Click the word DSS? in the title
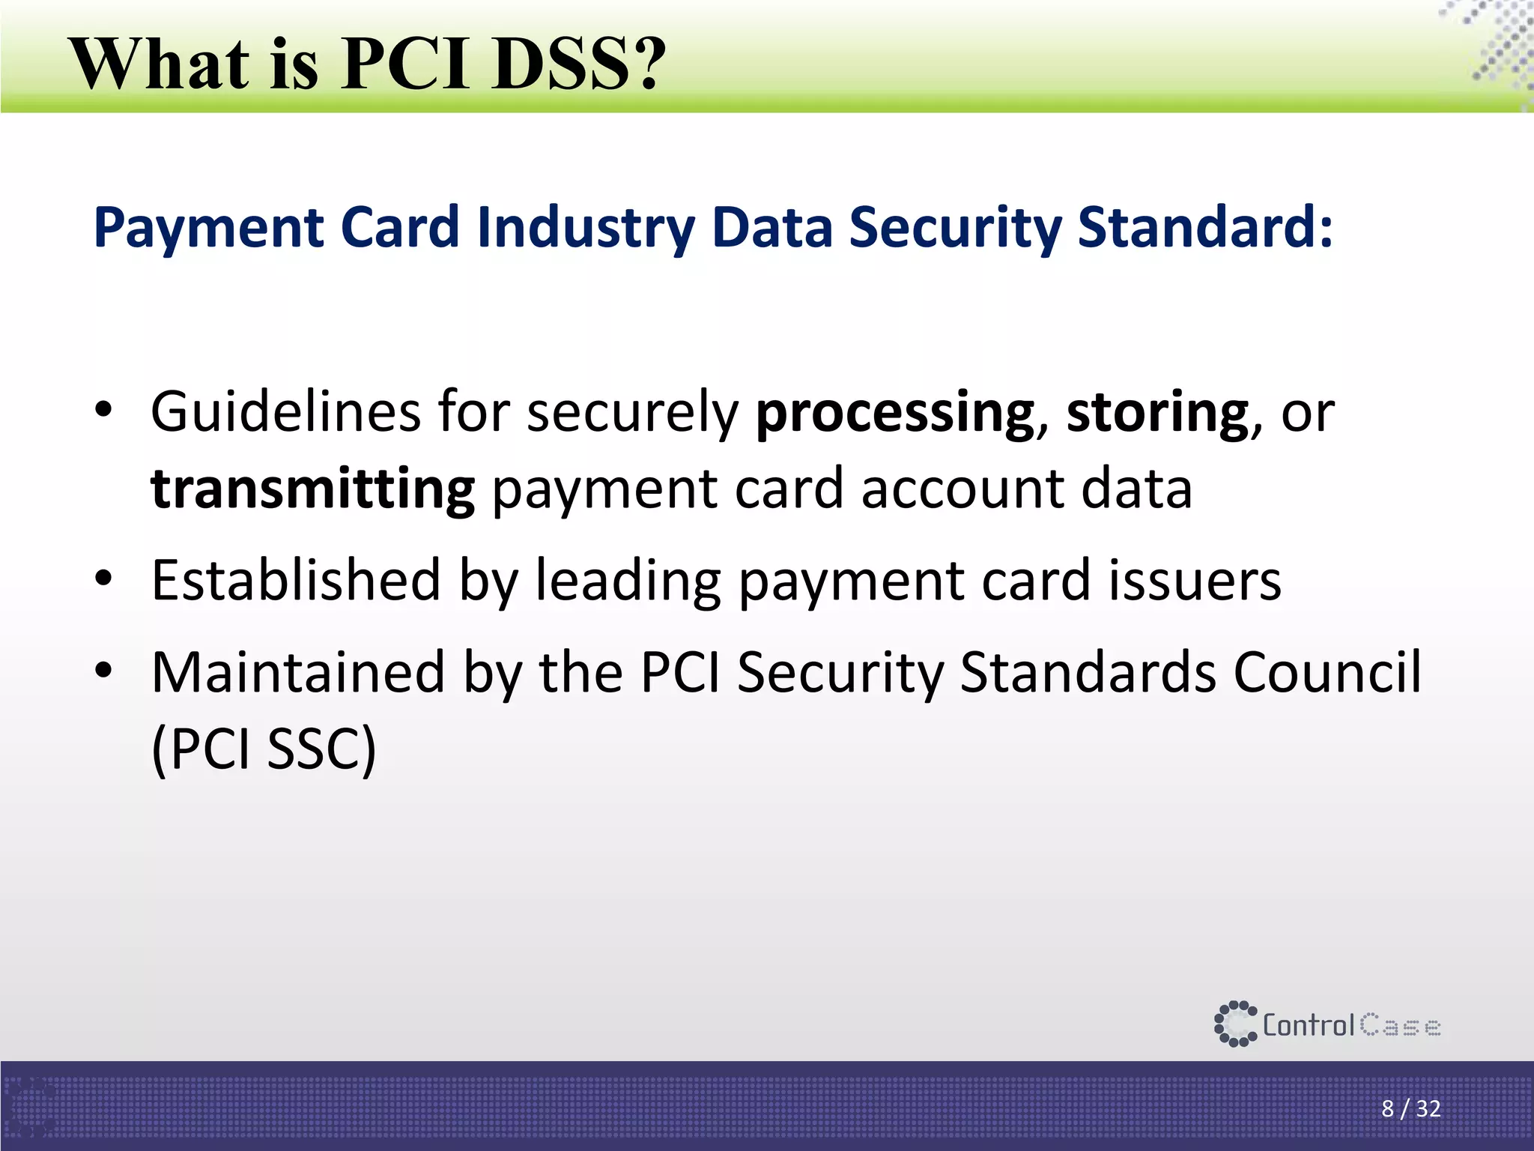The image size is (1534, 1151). [x=579, y=64]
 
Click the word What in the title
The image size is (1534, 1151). [x=160, y=64]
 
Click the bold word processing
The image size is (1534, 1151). [x=895, y=413]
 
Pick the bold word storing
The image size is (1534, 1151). [x=1157, y=413]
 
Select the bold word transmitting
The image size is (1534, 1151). [x=312, y=489]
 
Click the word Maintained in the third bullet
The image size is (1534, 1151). [x=299, y=672]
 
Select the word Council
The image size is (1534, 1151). [x=1327, y=671]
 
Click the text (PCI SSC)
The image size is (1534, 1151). [x=264, y=749]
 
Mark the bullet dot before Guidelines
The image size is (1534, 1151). [x=103, y=411]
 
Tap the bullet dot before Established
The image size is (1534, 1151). [x=103, y=579]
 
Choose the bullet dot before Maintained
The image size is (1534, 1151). [x=103, y=670]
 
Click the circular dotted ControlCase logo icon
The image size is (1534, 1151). [x=1234, y=1024]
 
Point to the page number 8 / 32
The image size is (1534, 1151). [x=1410, y=1108]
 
